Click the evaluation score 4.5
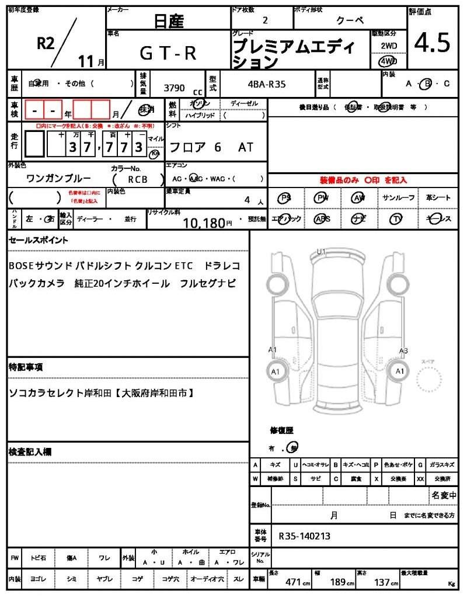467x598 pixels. click(433, 43)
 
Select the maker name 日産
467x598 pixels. click(169, 22)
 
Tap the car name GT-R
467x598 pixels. click(168, 53)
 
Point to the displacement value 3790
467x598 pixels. click(174, 88)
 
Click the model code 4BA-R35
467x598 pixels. click(267, 84)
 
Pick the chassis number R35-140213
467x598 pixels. click(305, 536)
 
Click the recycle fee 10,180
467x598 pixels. click(204, 222)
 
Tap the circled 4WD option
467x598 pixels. click(388, 61)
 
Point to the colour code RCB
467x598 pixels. click(138, 180)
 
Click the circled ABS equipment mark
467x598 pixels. click(322, 219)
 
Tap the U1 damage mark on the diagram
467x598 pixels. click(321, 252)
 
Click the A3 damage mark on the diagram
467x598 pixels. click(403, 350)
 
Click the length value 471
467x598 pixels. click(292, 582)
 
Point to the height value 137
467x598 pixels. click(383, 582)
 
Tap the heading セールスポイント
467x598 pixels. click(38, 240)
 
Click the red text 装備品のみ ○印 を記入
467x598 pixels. click(363, 180)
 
